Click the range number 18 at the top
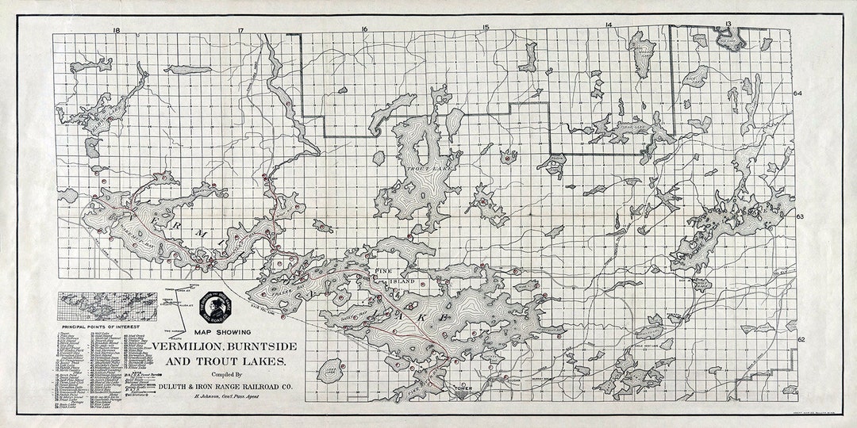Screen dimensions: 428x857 117,30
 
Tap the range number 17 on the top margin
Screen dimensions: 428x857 240,30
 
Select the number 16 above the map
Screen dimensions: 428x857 364,30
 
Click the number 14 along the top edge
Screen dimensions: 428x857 608,25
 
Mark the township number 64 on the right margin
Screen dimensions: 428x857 799,93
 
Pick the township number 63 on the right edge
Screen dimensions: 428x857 800,216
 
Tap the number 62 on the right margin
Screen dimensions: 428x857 801,339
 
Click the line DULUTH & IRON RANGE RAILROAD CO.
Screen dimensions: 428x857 224,387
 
